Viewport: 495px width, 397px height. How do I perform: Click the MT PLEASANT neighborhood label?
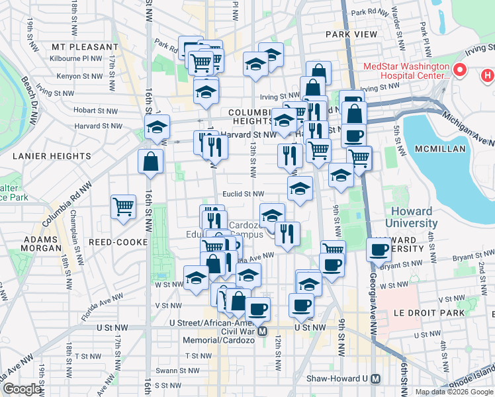[x=77, y=48]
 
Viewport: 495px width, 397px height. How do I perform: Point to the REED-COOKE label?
[x=118, y=242]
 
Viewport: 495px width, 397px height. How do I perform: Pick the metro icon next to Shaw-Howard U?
[x=376, y=378]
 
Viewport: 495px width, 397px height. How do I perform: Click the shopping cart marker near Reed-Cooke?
[x=123, y=206]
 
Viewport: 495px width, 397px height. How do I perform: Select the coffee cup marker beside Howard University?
[x=379, y=249]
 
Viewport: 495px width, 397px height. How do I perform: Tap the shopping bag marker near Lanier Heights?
[x=151, y=161]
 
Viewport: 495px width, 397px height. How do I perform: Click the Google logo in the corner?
[x=22, y=388]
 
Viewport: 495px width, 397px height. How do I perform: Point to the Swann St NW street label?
[x=175, y=371]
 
